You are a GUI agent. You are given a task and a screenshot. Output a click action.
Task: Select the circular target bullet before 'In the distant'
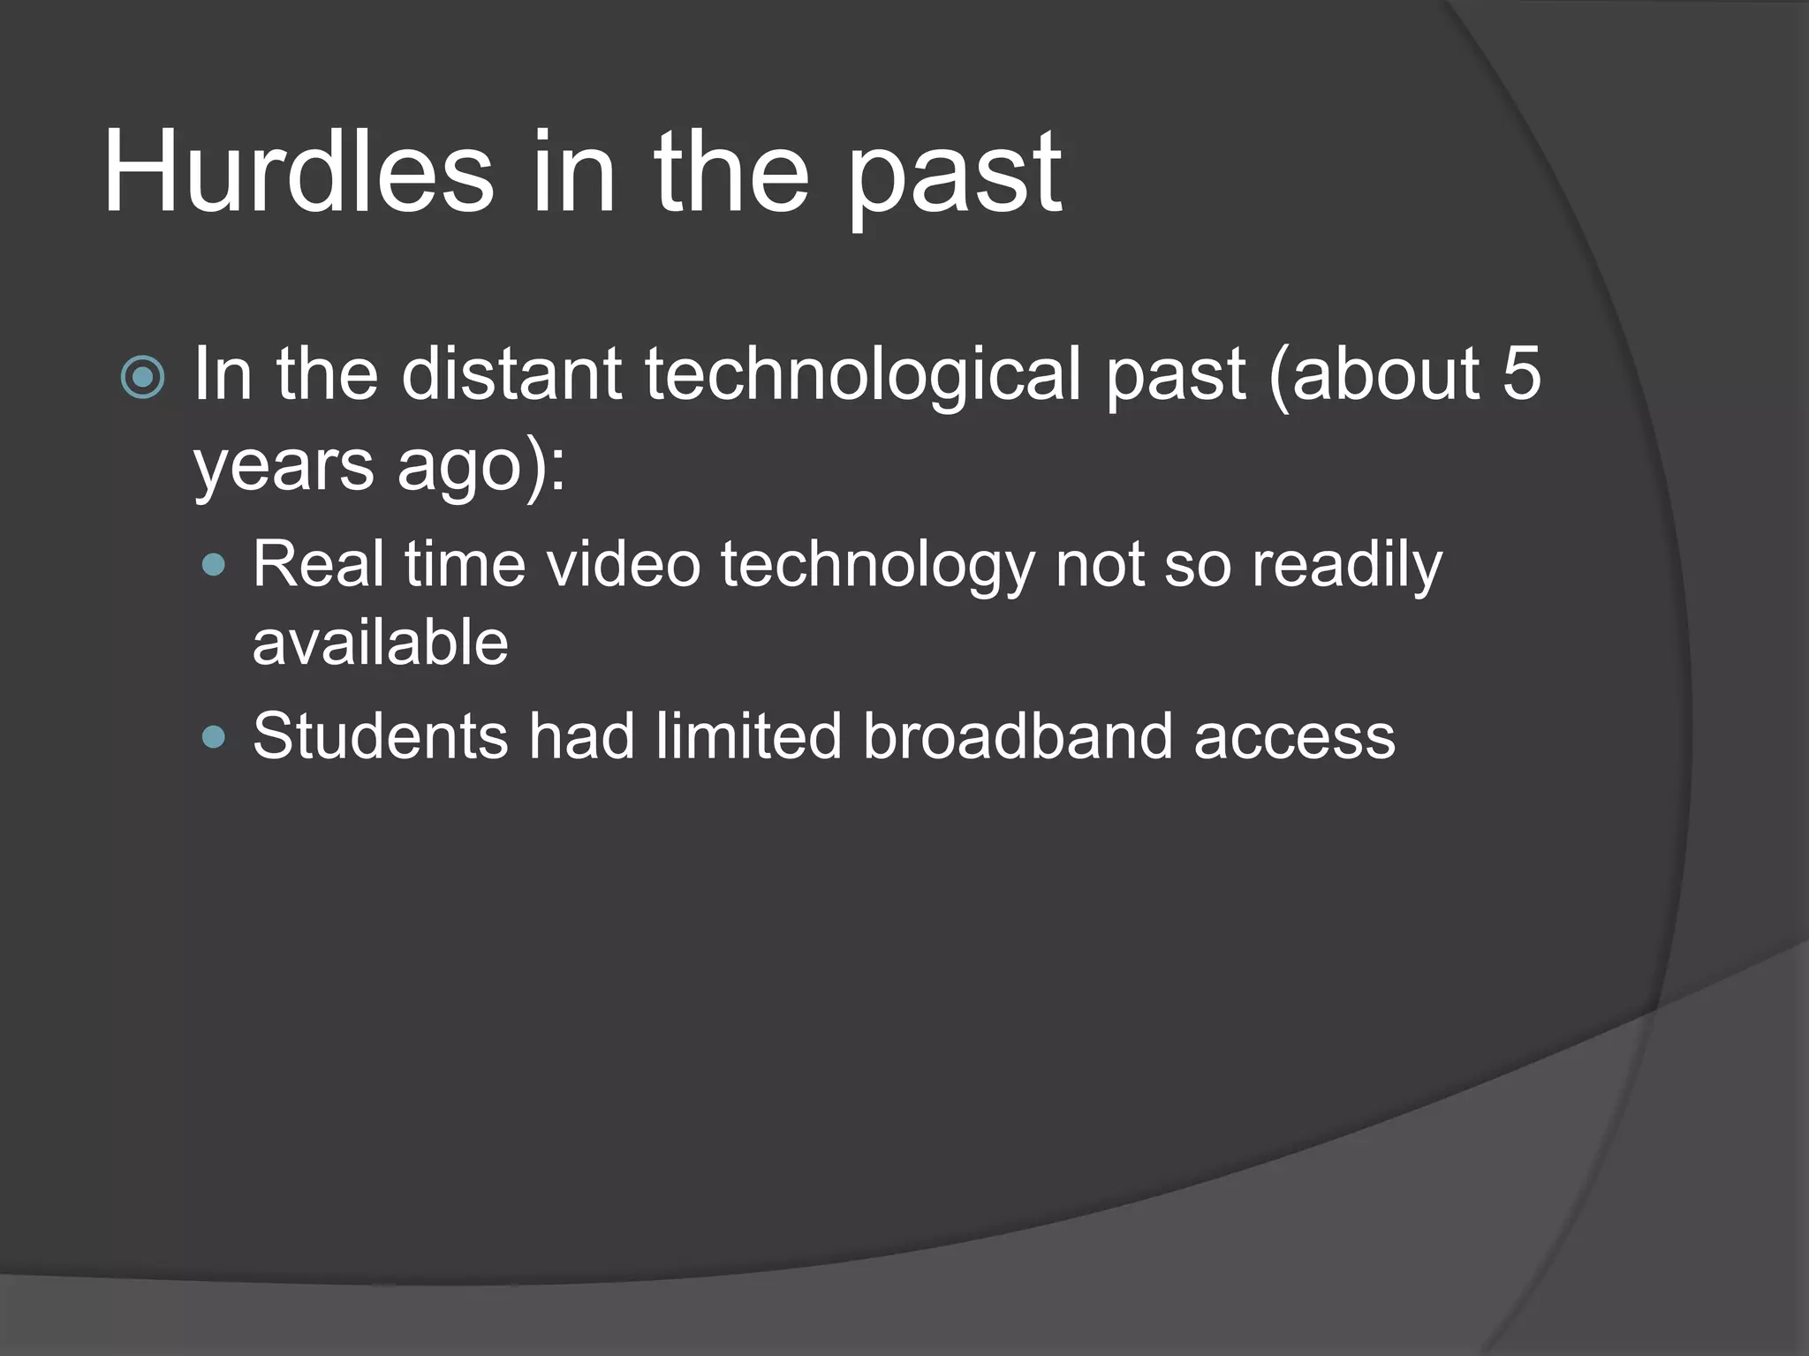click(x=142, y=378)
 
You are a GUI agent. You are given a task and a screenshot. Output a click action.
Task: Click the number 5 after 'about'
click(x=1521, y=373)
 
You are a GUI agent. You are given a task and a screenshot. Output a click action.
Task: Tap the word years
click(x=284, y=467)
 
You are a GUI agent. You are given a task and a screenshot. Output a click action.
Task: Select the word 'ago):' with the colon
click(x=481, y=467)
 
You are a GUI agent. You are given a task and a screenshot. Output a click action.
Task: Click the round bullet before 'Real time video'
click(x=214, y=565)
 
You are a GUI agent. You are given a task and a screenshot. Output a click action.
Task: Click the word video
click(x=624, y=564)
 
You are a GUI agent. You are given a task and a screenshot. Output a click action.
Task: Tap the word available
click(x=381, y=643)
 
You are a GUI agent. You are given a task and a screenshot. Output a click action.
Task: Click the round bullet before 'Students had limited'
click(x=214, y=735)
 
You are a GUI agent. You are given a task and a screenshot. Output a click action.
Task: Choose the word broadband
click(x=1018, y=735)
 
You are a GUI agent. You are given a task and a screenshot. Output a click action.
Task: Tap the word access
click(x=1294, y=737)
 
